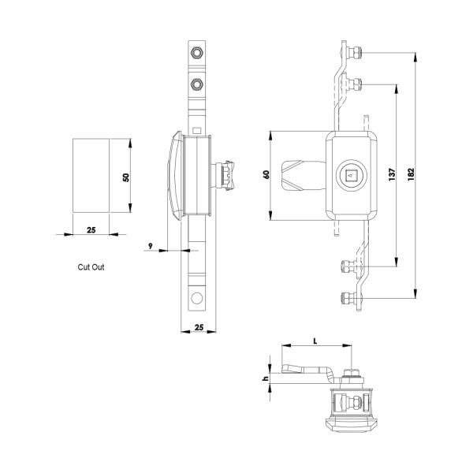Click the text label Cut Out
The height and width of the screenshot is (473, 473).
[91, 267]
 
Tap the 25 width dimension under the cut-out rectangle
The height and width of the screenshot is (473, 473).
[91, 229]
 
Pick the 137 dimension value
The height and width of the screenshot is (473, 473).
[391, 174]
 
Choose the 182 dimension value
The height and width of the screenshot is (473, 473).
[411, 174]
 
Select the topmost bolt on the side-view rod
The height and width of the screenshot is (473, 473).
[196, 54]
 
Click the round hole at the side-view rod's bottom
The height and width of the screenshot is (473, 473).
[196, 298]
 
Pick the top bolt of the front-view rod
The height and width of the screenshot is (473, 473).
[356, 53]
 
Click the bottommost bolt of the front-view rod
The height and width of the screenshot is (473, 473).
[346, 297]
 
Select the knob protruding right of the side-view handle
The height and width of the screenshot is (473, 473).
[226, 175]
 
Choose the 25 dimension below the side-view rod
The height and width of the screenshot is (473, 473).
[198, 326]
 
